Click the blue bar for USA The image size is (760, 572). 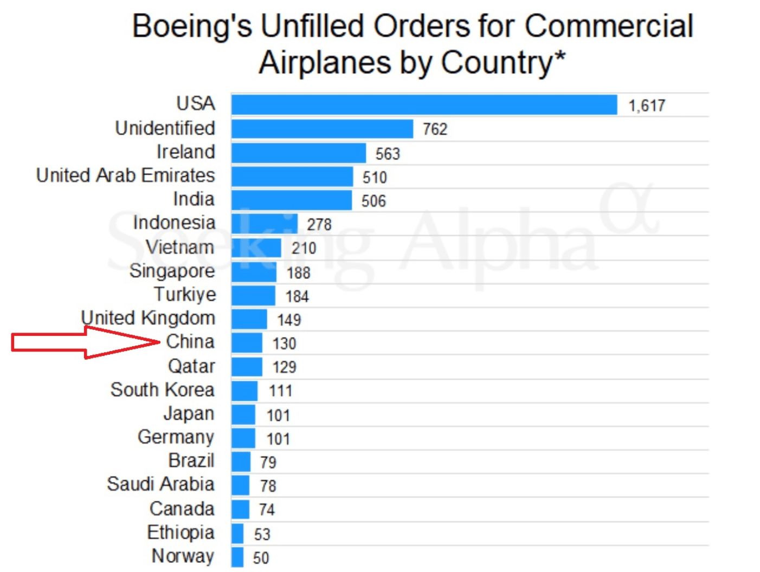coord(424,105)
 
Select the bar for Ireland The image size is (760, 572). coord(299,153)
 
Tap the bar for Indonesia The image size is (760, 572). coord(265,224)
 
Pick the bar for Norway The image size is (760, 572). coord(237,557)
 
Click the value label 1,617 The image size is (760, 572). coord(647,106)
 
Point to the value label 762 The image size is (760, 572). coord(435,129)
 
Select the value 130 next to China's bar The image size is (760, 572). coord(284,343)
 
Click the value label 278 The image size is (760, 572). coord(319,224)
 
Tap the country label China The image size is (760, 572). coord(190,342)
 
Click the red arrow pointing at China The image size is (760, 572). coord(81,342)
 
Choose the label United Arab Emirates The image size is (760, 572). coord(125,175)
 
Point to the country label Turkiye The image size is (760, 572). coord(185,294)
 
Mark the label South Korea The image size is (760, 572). coord(163,389)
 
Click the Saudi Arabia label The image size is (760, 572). coord(160,484)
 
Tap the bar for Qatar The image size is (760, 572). coord(247,367)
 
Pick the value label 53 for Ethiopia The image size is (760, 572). coord(262,535)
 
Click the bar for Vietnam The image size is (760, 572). coord(256,248)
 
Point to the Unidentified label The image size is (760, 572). coord(165,128)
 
